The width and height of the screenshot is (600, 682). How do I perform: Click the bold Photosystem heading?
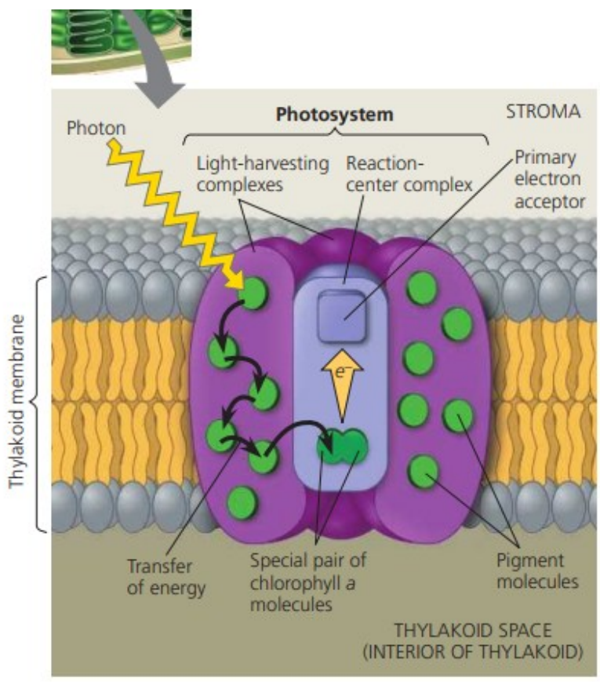pyautogui.click(x=334, y=114)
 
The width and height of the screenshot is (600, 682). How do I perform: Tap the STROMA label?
pyautogui.click(x=541, y=111)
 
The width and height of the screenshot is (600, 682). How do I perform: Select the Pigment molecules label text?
pyautogui.click(x=537, y=571)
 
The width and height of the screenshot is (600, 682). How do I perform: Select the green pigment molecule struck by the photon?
pyautogui.click(x=253, y=294)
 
